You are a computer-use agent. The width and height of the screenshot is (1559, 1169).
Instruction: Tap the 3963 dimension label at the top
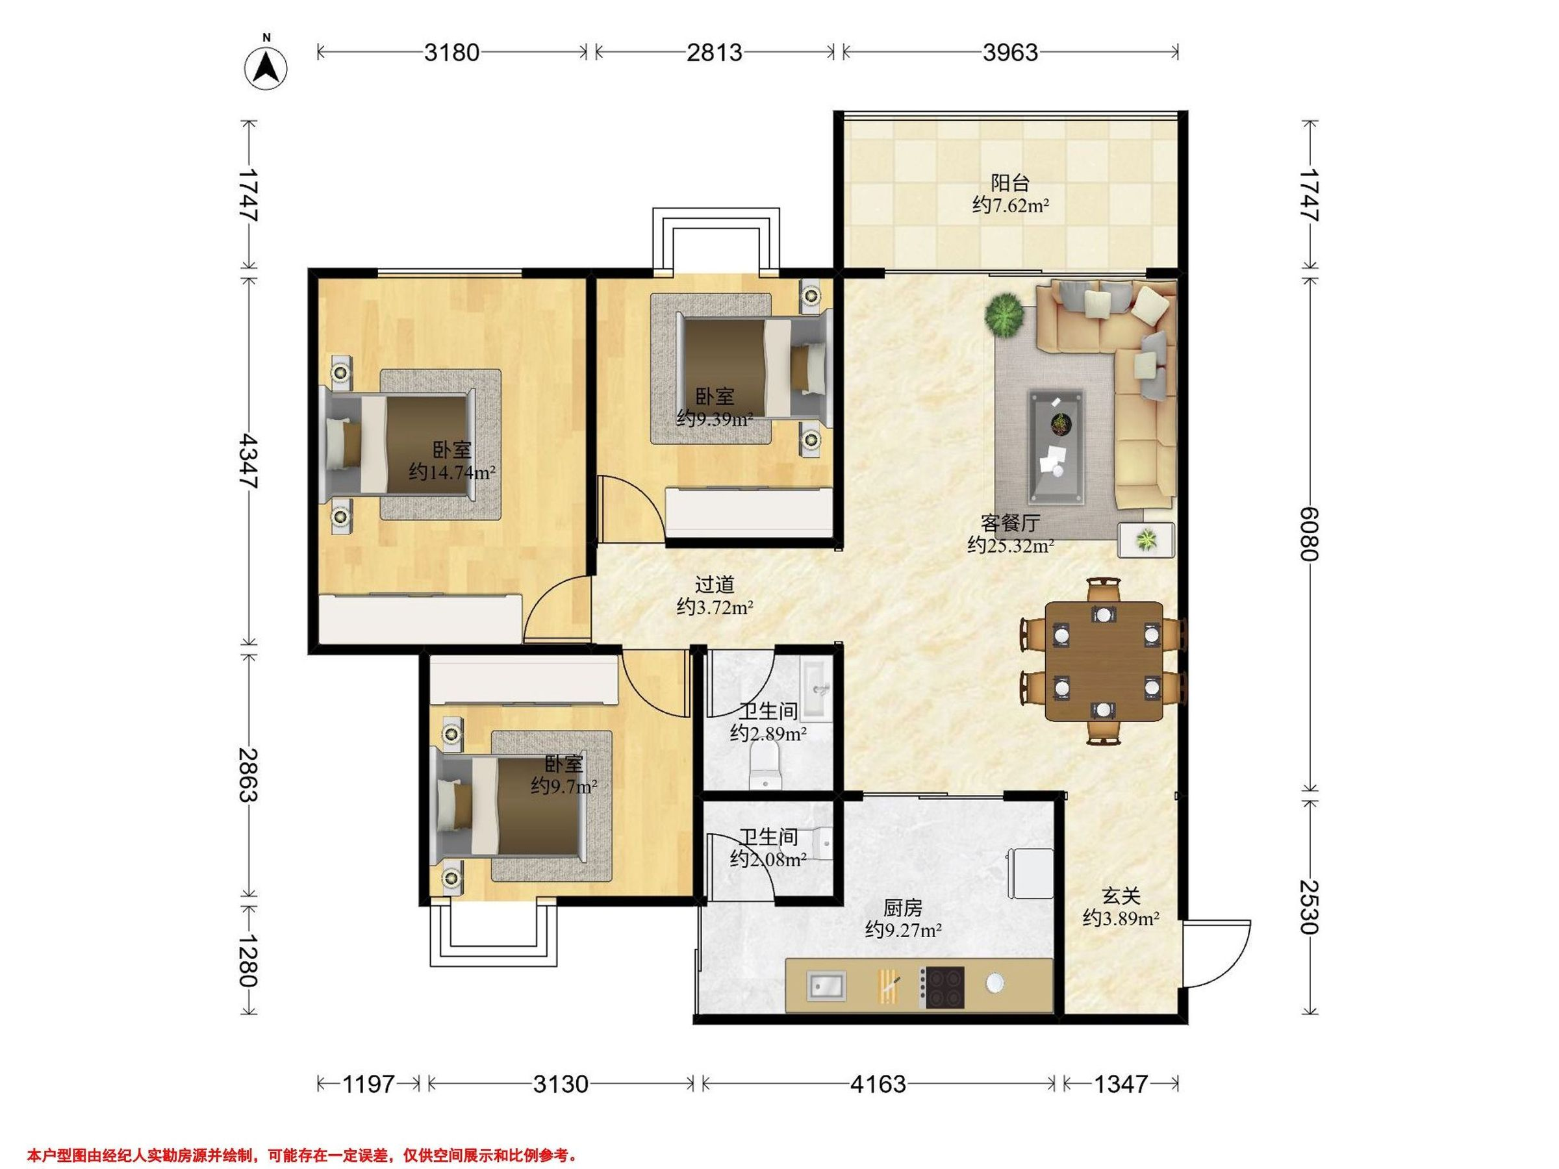1011,52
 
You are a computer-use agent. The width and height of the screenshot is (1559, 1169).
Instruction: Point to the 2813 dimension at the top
715,52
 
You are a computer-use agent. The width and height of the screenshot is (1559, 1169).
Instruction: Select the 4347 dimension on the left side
249,461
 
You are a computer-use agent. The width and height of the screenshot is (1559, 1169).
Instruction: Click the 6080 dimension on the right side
1310,533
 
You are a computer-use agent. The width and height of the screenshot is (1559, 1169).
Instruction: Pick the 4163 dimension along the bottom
878,1083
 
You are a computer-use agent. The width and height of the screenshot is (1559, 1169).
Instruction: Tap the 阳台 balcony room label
1010,183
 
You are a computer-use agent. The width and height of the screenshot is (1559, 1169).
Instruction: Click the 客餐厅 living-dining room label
1010,523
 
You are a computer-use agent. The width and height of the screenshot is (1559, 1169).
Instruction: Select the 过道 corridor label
715,584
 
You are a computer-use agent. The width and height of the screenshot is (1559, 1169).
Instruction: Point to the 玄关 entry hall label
1121,896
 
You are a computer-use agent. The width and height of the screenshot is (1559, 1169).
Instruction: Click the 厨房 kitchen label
903,909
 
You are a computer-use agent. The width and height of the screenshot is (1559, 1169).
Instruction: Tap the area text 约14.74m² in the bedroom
451,472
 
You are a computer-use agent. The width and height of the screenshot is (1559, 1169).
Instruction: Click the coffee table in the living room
1056,447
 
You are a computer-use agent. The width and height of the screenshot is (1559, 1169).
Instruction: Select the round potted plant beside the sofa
1004,314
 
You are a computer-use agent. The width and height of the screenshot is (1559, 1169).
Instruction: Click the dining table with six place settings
1104,661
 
